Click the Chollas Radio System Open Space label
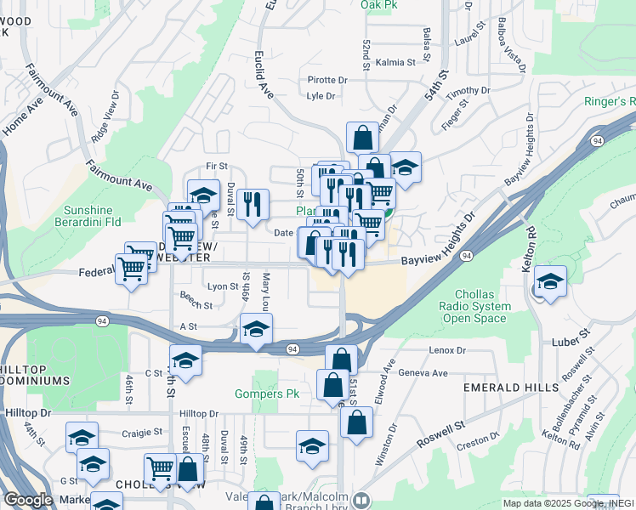(x=476, y=306)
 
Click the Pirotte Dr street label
(x=327, y=81)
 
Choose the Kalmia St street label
(x=395, y=62)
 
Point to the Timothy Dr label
(x=469, y=91)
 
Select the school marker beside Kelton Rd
(x=550, y=280)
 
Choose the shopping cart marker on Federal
(x=132, y=268)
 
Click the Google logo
(x=28, y=501)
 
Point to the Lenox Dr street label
(x=449, y=349)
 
